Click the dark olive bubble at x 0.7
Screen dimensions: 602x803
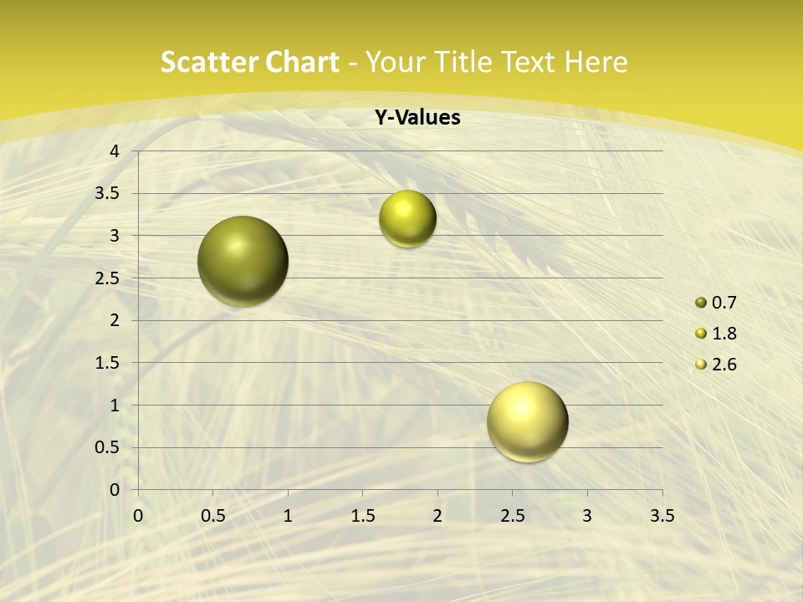(243, 261)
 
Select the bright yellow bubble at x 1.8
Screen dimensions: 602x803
(407, 218)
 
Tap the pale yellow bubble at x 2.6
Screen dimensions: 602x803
(527, 421)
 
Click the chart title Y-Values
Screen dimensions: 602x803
(417, 118)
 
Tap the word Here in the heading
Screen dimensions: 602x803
(596, 62)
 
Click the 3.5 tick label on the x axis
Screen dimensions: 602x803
(662, 516)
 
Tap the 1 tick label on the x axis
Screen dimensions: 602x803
(288, 516)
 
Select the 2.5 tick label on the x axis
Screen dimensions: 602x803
(512, 516)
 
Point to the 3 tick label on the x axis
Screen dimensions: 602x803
(587, 516)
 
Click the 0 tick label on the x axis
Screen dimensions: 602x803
(138, 516)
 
